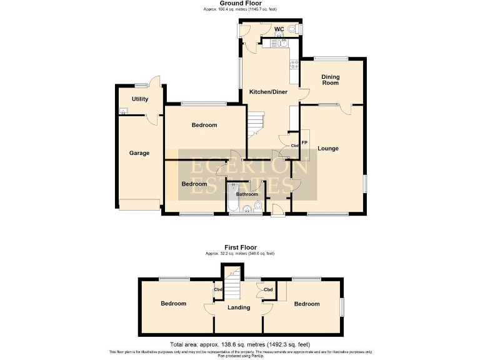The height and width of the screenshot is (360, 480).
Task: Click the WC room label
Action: pos(280,29)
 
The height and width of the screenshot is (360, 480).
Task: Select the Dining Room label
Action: pos(330,80)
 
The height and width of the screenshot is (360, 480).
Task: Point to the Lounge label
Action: pos(327,149)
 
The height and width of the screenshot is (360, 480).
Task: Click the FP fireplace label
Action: pos(304,142)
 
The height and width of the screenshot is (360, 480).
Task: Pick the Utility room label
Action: pos(139,99)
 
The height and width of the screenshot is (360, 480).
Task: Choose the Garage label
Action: pos(139,153)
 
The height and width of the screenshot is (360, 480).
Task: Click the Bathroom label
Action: pos(247,194)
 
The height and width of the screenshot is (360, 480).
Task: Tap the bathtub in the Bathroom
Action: pos(233,200)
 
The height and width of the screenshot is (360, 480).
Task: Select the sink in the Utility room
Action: pos(124,112)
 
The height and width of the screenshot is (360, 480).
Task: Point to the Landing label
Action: pos(239,307)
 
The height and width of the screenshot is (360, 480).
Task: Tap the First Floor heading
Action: pos(240,247)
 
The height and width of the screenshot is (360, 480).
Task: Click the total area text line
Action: pos(239,344)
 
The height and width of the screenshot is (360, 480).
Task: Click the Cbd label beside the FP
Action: pos(295,146)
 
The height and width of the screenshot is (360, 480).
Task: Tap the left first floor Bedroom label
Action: pos(173,304)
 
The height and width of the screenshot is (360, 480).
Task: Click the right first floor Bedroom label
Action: pos(307,304)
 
